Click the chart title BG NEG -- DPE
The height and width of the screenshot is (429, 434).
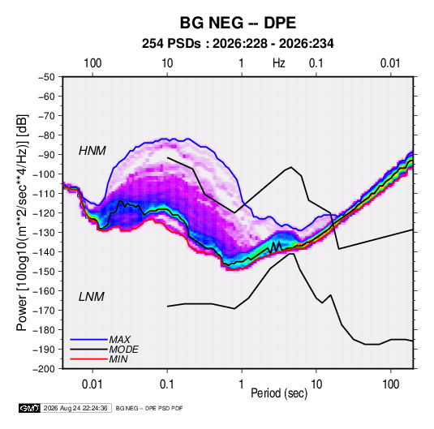click(238, 23)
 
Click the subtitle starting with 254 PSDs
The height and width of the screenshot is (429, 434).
click(238, 44)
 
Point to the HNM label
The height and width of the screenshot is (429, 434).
click(92, 151)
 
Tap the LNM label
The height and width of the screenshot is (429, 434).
click(92, 297)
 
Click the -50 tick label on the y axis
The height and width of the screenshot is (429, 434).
click(46, 77)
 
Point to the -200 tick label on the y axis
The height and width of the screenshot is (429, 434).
click(44, 369)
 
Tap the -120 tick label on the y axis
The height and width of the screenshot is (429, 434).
click(44, 213)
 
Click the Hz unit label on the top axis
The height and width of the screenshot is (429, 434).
click(279, 63)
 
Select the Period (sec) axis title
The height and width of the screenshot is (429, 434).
click(279, 393)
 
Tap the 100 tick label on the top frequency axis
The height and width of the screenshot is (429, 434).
click(92, 63)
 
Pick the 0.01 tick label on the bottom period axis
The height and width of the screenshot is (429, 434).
click(92, 384)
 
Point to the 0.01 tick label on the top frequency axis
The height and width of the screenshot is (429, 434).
click(390, 63)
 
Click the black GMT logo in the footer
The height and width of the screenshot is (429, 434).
click(30, 408)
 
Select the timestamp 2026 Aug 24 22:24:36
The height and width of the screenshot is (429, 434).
click(75, 408)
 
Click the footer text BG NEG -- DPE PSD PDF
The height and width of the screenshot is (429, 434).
click(149, 408)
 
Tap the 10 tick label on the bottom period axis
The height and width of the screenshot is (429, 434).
click(316, 384)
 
